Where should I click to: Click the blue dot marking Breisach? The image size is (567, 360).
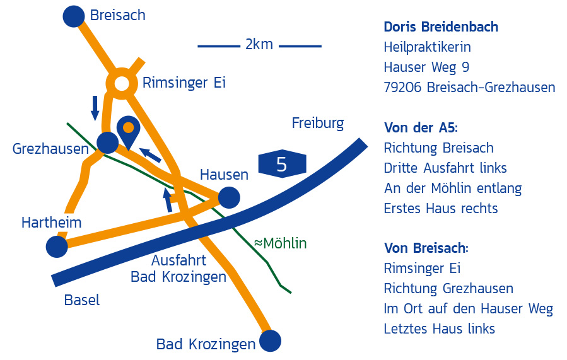pyautogui.click(x=74, y=16)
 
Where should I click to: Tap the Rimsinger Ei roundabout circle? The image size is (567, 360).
pyautogui.click(x=122, y=83)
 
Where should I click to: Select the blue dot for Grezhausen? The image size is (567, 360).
pyautogui.click(x=107, y=142)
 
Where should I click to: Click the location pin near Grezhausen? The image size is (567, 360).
pyautogui.click(x=128, y=131)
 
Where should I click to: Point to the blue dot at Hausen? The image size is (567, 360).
pyautogui.click(x=229, y=197)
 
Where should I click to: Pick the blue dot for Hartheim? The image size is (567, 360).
pyautogui.click(x=57, y=246)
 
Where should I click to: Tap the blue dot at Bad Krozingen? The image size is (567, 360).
pyautogui.click(x=270, y=341)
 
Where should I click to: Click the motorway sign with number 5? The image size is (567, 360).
pyautogui.click(x=281, y=164)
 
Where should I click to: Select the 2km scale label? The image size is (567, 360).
pyautogui.click(x=259, y=45)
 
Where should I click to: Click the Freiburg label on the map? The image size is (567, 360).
pyautogui.click(x=318, y=123)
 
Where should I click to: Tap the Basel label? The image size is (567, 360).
pyautogui.click(x=82, y=300)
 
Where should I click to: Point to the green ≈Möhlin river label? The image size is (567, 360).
pyautogui.click(x=280, y=243)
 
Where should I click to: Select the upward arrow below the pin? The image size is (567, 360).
pyautogui.click(x=168, y=199)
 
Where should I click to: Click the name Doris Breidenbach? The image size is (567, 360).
pyautogui.click(x=441, y=27)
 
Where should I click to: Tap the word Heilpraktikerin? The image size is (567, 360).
pyautogui.click(x=427, y=47)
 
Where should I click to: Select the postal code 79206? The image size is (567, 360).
pyautogui.click(x=402, y=88)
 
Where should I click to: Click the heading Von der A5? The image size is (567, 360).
pyautogui.click(x=420, y=128)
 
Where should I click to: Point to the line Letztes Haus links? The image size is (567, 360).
pyautogui.click(x=439, y=328)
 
